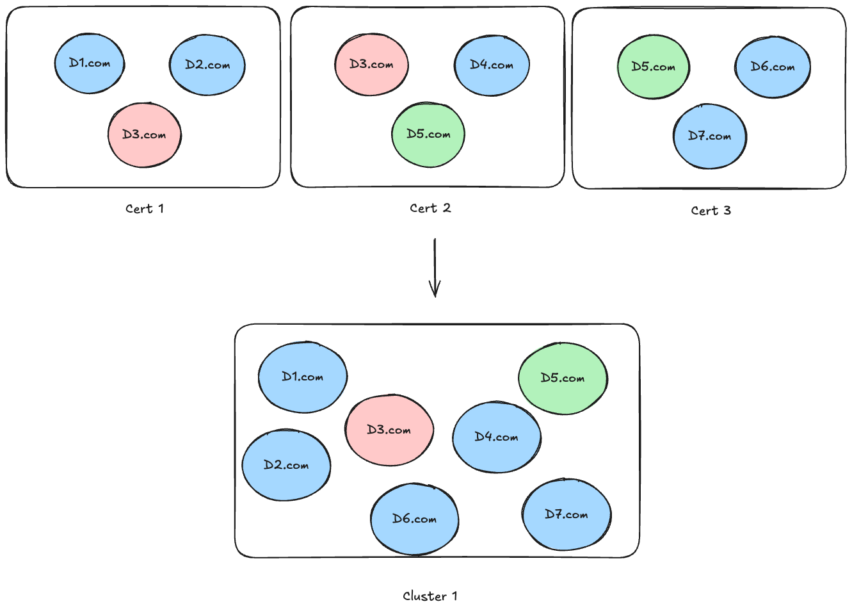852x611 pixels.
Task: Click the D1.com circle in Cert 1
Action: click(90, 64)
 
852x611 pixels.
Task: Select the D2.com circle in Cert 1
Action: click(207, 65)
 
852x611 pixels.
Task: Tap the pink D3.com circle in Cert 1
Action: click(145, 135)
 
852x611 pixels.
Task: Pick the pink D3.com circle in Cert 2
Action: click(372, 65)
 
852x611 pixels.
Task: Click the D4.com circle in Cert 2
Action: click(492, 65)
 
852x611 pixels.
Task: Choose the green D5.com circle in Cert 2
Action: click(428, 134)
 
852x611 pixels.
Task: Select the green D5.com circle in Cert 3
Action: click(654, 67)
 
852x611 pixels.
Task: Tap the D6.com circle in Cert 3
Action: click(773, 67)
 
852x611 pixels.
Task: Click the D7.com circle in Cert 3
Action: click(709, 136)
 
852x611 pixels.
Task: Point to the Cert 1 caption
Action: click(145, 209)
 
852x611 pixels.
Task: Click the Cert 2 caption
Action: click(430, 208)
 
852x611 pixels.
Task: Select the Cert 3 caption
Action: click(711, 211)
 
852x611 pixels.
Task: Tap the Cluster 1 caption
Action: click(430, 596)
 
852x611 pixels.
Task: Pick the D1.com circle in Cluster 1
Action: click(303, 377)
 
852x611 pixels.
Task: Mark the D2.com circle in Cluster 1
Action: click(286, 465)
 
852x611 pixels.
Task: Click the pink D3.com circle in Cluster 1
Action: click(389, 430)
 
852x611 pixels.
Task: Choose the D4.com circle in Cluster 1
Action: click(497, 437)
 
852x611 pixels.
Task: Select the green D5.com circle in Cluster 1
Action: click(563, 379)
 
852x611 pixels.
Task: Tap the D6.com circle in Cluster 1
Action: click(415, 519)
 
